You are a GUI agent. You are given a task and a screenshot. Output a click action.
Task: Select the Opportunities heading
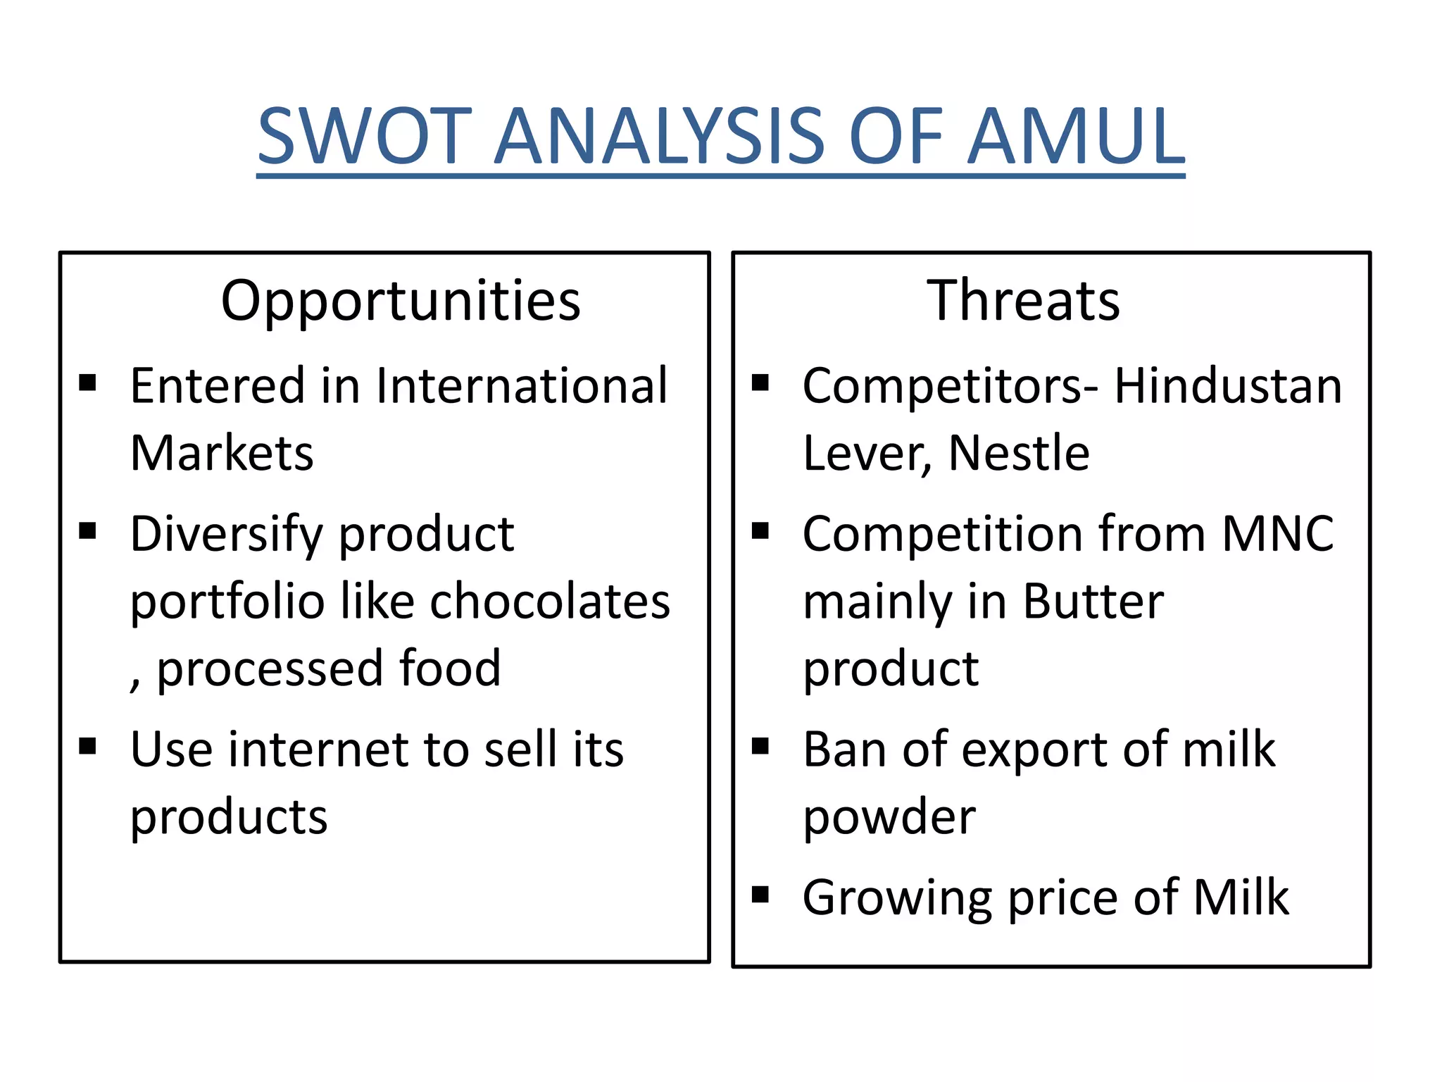(401, 301)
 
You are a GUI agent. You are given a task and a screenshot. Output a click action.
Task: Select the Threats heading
(1023, 301)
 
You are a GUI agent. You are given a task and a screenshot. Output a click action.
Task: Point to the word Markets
(222, 453)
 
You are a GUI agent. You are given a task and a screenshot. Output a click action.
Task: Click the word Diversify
(226, 534)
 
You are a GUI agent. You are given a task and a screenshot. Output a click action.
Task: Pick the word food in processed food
(450, 668)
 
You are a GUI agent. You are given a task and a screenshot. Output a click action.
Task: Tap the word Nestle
(1019, 453)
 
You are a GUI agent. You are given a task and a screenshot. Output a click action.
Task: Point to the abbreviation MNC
(1278, 533)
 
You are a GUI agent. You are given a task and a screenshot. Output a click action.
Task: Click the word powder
(889, 817)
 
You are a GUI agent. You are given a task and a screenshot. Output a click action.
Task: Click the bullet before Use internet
(87, 746)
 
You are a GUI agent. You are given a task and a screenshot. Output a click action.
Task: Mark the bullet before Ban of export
(760, 746)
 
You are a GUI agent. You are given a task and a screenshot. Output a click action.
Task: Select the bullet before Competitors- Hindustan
(760, 383)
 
